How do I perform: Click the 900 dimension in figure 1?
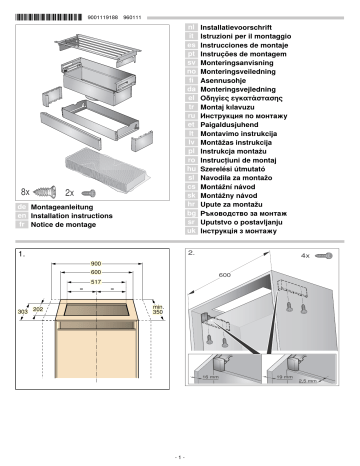click(x=96, y=265)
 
